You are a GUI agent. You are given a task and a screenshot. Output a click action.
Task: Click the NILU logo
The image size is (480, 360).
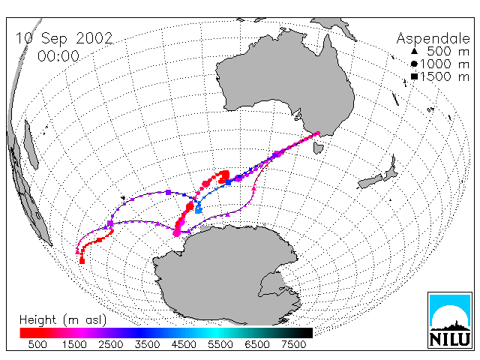[450, 320]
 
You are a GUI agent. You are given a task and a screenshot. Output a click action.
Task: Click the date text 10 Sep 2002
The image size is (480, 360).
[64, 38]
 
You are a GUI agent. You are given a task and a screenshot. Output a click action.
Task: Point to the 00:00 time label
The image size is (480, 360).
[58, 56]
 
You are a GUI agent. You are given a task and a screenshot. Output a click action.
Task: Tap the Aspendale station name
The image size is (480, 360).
[433, 39]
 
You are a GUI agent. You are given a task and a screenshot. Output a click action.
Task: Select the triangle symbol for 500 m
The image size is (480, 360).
[414, 51]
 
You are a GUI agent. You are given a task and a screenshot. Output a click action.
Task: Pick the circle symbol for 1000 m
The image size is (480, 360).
[414, 64]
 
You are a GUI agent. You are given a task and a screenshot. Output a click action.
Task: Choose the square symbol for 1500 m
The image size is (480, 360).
[414, 76]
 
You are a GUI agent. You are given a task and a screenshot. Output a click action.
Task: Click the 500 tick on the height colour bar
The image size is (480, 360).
[37, 345]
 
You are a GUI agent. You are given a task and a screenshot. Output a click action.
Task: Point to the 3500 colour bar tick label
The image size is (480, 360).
[147, 345]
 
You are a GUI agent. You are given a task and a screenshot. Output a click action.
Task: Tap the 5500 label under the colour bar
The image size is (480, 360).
[220, 345]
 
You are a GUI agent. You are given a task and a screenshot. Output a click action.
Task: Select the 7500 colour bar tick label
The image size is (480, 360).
[293, 345]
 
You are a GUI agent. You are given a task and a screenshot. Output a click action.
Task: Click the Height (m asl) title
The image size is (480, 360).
[63, 320]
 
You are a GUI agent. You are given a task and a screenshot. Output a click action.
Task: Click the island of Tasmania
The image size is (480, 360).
[318, 147]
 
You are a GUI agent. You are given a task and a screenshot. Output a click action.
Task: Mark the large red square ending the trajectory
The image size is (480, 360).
[82, 261]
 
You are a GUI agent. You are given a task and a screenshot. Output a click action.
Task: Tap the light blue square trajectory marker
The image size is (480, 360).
[199, 210]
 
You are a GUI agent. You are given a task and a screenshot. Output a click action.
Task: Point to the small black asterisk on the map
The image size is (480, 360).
[123, 198]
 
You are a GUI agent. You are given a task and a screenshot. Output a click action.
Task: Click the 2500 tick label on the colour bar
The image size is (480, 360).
[111, 345]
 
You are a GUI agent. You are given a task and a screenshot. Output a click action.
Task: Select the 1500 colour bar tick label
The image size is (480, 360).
[74, 345]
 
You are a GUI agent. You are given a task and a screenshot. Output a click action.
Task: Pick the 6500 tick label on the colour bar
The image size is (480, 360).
[257, 345]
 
